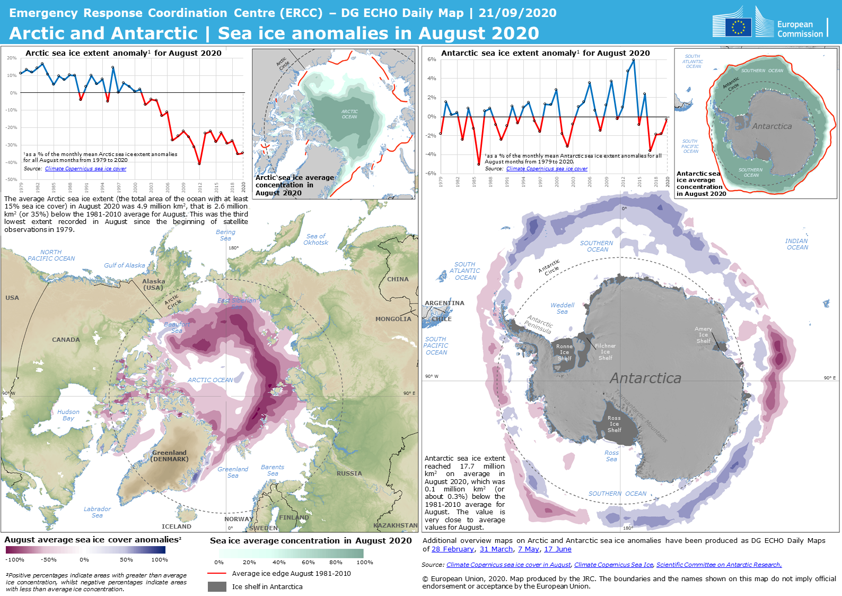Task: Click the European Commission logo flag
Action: click(x=738, y=27)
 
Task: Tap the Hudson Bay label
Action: click(x=68, y=415)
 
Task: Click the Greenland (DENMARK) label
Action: click(x=170, y=456)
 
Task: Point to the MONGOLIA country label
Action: click(x=393, y=319)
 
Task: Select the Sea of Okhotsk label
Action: click(x=316, y=239)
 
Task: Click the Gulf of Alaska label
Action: click(x=125, y=265)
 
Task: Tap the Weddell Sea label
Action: click(x=563, y=308)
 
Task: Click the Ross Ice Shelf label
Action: click(x=615, y=424)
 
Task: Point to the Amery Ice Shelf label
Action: click(x=704, y=335)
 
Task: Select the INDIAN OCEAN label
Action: click(x=797, y=244)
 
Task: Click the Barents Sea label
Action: click(x=273, y=470)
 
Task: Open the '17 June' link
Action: click(x=558, y=549)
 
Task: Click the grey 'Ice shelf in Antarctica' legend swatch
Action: click(x=217, y=586)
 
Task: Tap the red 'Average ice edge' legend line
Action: click(x=217, y=573)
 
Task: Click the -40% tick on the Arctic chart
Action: click(x=12, y=162)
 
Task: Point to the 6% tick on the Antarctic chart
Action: click(x=432, y=59)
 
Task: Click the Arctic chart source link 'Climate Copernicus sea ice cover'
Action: click(x=86, y=169)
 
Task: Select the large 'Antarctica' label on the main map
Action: click(x=645, y=378)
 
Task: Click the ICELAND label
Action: click(x=177, y=526)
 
